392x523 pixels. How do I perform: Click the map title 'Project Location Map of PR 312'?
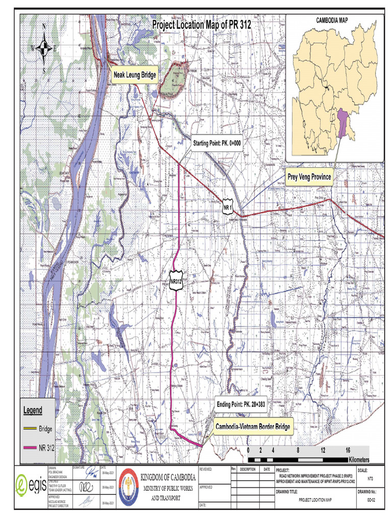click(x=202, y=25)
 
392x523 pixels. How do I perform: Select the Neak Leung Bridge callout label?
click(x=135, y=75)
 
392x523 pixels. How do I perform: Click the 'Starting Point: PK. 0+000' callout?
click(x=216, y=144)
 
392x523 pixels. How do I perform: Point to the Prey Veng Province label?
click(x=309, y=177)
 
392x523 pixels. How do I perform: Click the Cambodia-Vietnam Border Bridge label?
click(x=253, y=426)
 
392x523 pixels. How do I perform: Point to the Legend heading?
click(x=33, y=410)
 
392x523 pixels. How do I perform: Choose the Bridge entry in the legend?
click(x=45, y=429)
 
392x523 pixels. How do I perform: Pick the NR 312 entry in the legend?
click(x=46, y=448)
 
